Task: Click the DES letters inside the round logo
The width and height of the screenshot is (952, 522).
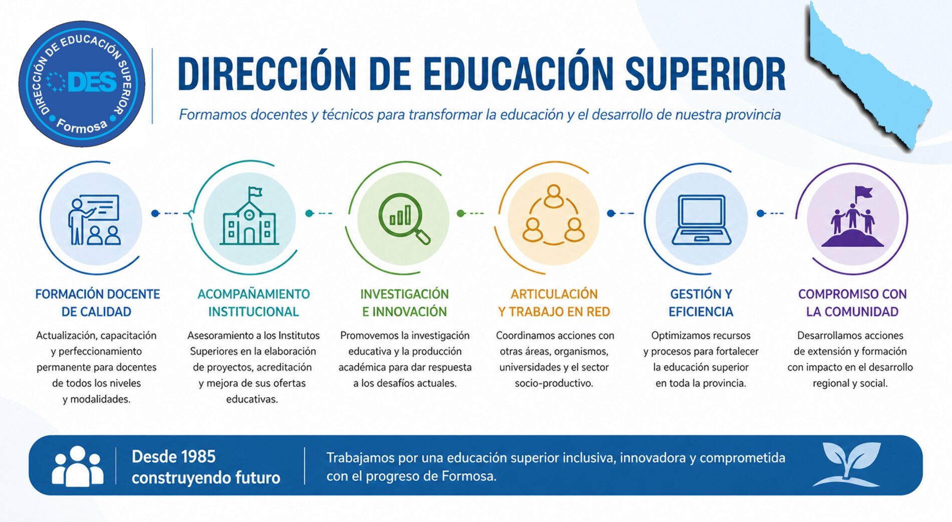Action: [x=92, y=82]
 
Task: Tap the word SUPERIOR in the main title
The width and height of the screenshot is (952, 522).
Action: [x=705, y=74]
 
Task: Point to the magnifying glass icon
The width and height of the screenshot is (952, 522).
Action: [x=404, y=218]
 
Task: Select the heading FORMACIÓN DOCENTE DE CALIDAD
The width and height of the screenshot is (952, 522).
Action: [x=97, y=303]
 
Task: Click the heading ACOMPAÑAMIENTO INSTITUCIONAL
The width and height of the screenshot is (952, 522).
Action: [x=254, y=303]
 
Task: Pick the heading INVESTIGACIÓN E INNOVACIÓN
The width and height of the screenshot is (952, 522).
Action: [x=404, y=303]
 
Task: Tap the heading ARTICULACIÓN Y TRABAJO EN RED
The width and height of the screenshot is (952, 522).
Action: [x=554, y=303]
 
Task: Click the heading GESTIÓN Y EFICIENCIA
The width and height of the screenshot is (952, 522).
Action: [x=701, y=303]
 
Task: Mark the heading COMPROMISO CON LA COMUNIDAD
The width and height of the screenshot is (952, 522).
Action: [x=852, y=303]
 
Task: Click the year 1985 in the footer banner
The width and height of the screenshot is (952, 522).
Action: [x=198, y=456]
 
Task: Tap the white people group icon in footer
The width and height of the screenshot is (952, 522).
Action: [x=78, y=466]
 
